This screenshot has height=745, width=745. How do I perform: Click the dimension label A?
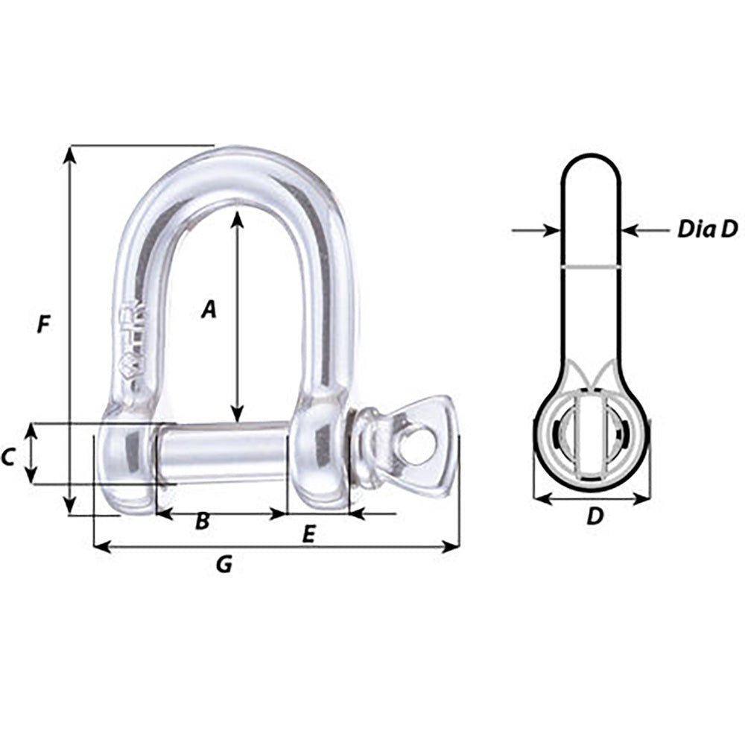(x=209, y=308)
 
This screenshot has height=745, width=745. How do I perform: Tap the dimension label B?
(x=202, y=522)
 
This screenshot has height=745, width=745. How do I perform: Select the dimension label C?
(x=8, y=457)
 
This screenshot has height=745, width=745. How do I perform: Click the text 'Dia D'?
(x=706, y=229)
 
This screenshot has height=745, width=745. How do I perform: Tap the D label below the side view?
(x=594, y=516)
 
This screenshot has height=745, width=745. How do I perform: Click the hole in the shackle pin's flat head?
(x=417, y=446)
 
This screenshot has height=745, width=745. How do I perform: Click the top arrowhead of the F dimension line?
(x=69, y=153)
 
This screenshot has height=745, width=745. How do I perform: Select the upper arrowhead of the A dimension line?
(x=237, y=218)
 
